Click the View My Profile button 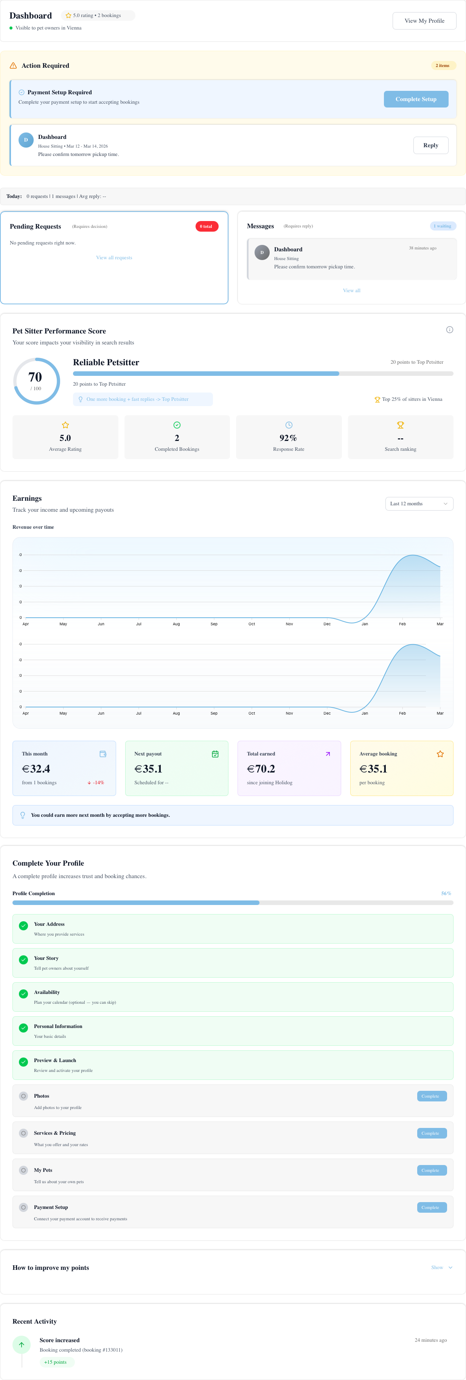pos(424,21)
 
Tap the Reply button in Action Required pos(431,145)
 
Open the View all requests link pos(114,258)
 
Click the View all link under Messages pos(351,290)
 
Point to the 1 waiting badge pos(443,226)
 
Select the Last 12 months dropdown pos(419,503)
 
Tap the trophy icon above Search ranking pos(400,425)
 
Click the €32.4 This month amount pos(36,769)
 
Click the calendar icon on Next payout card pos(215,754)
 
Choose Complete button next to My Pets pos(432,1170)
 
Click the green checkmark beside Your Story pos(23,959)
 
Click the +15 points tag pos(56,1362)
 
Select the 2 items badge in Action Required pos(443,65)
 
